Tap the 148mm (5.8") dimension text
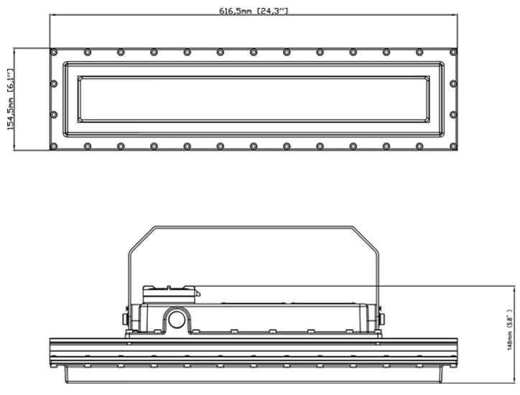coord(510,335)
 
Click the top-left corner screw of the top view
coord(54,52)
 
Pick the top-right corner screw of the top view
coord(452,52)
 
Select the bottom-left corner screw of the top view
coord(54,147)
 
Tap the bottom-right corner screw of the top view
coord(452,147)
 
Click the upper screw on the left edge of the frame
coord(54,83)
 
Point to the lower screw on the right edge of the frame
coord(452,115)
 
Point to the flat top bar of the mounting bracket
coord(253,228)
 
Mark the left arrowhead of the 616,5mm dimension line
coord(52,15)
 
